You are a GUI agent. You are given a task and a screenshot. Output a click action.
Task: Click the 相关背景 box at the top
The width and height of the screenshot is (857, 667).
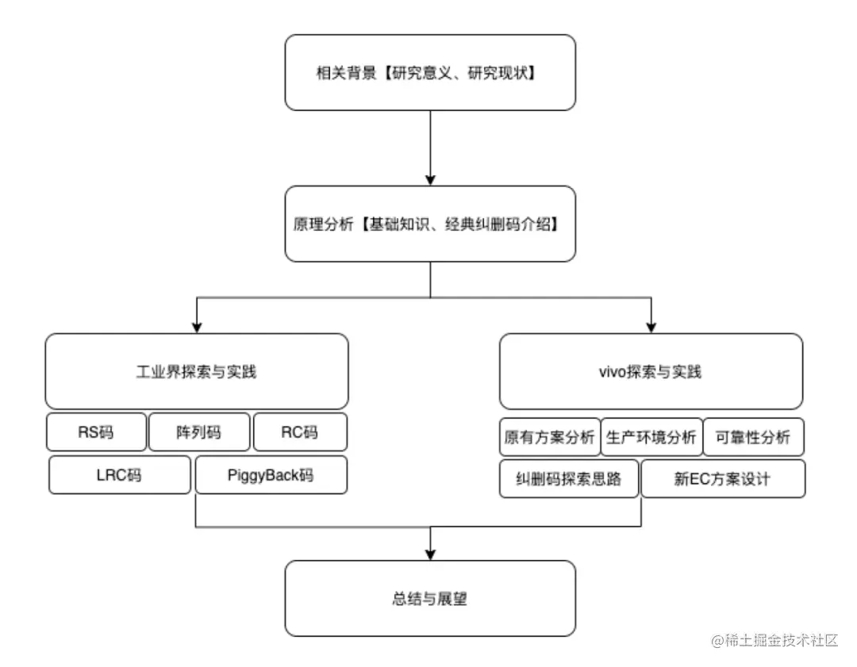coord(430,72)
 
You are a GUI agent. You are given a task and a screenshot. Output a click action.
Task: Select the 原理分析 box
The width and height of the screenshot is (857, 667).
coord(430,224)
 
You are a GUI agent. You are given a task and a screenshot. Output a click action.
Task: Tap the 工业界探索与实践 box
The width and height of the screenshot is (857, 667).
coord(197,371)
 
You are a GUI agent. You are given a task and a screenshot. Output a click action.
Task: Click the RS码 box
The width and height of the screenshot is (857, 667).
coord(97,432)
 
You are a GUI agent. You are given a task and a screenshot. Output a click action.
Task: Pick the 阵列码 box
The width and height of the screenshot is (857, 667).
coord(199,432)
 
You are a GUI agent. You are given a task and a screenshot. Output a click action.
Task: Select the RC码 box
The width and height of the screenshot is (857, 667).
coord(300,432)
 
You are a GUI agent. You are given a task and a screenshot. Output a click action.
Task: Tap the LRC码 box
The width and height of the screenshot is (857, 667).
coord(120,475)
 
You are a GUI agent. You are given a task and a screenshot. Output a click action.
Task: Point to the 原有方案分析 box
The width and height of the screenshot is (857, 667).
coord(549,437)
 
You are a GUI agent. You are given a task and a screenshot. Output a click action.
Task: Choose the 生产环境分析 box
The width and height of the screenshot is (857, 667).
coord(651,437)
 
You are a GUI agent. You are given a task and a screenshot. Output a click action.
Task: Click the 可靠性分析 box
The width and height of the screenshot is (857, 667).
coord(753,437)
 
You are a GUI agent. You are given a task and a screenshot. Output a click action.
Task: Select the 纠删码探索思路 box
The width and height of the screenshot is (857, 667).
coord(569,479)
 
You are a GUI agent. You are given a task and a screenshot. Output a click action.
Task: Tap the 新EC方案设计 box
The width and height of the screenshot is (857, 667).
coord(723,479)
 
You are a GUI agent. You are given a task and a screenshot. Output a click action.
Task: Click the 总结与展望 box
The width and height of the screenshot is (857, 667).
coord(430,599)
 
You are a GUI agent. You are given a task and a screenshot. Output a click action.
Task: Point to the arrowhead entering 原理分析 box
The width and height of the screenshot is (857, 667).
coord(430,178)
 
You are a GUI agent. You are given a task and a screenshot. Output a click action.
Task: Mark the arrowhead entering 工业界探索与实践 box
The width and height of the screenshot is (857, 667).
coord(197,326)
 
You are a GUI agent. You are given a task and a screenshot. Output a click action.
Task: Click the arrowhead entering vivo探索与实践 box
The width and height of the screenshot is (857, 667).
coord(651,326)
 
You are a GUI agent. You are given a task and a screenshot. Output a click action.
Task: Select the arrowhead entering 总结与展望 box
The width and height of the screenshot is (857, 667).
coord(430,554)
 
